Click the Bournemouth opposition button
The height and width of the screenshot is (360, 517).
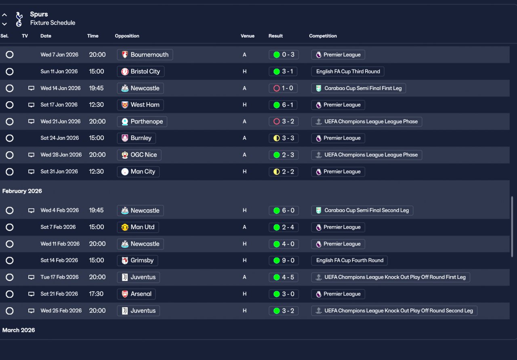[145, 55]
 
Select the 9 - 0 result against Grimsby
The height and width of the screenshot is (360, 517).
[284, 261]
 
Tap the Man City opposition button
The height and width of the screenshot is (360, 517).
[138, 172]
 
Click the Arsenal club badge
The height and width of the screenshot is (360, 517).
[125, 294]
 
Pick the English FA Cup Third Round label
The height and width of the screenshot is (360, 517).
[348, 72]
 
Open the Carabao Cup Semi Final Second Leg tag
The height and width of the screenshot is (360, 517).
[362, 211]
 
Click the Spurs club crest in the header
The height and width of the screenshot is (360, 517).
[19, 19]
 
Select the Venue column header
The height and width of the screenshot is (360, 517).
[248, 36]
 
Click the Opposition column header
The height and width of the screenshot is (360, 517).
[127, 36]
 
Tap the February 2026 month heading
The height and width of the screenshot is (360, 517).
[22, 191]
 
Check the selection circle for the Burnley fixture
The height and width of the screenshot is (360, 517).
[10, 138]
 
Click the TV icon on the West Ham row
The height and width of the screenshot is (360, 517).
[31, 105]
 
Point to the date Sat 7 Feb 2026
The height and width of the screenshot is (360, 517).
[58, 227]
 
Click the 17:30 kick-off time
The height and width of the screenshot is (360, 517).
[96, 294]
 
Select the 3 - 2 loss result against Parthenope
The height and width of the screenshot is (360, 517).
[284, 122]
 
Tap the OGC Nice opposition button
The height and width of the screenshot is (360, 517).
[139, 155]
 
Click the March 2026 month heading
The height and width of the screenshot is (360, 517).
[19, 331]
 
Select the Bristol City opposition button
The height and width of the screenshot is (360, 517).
[141, 72]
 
